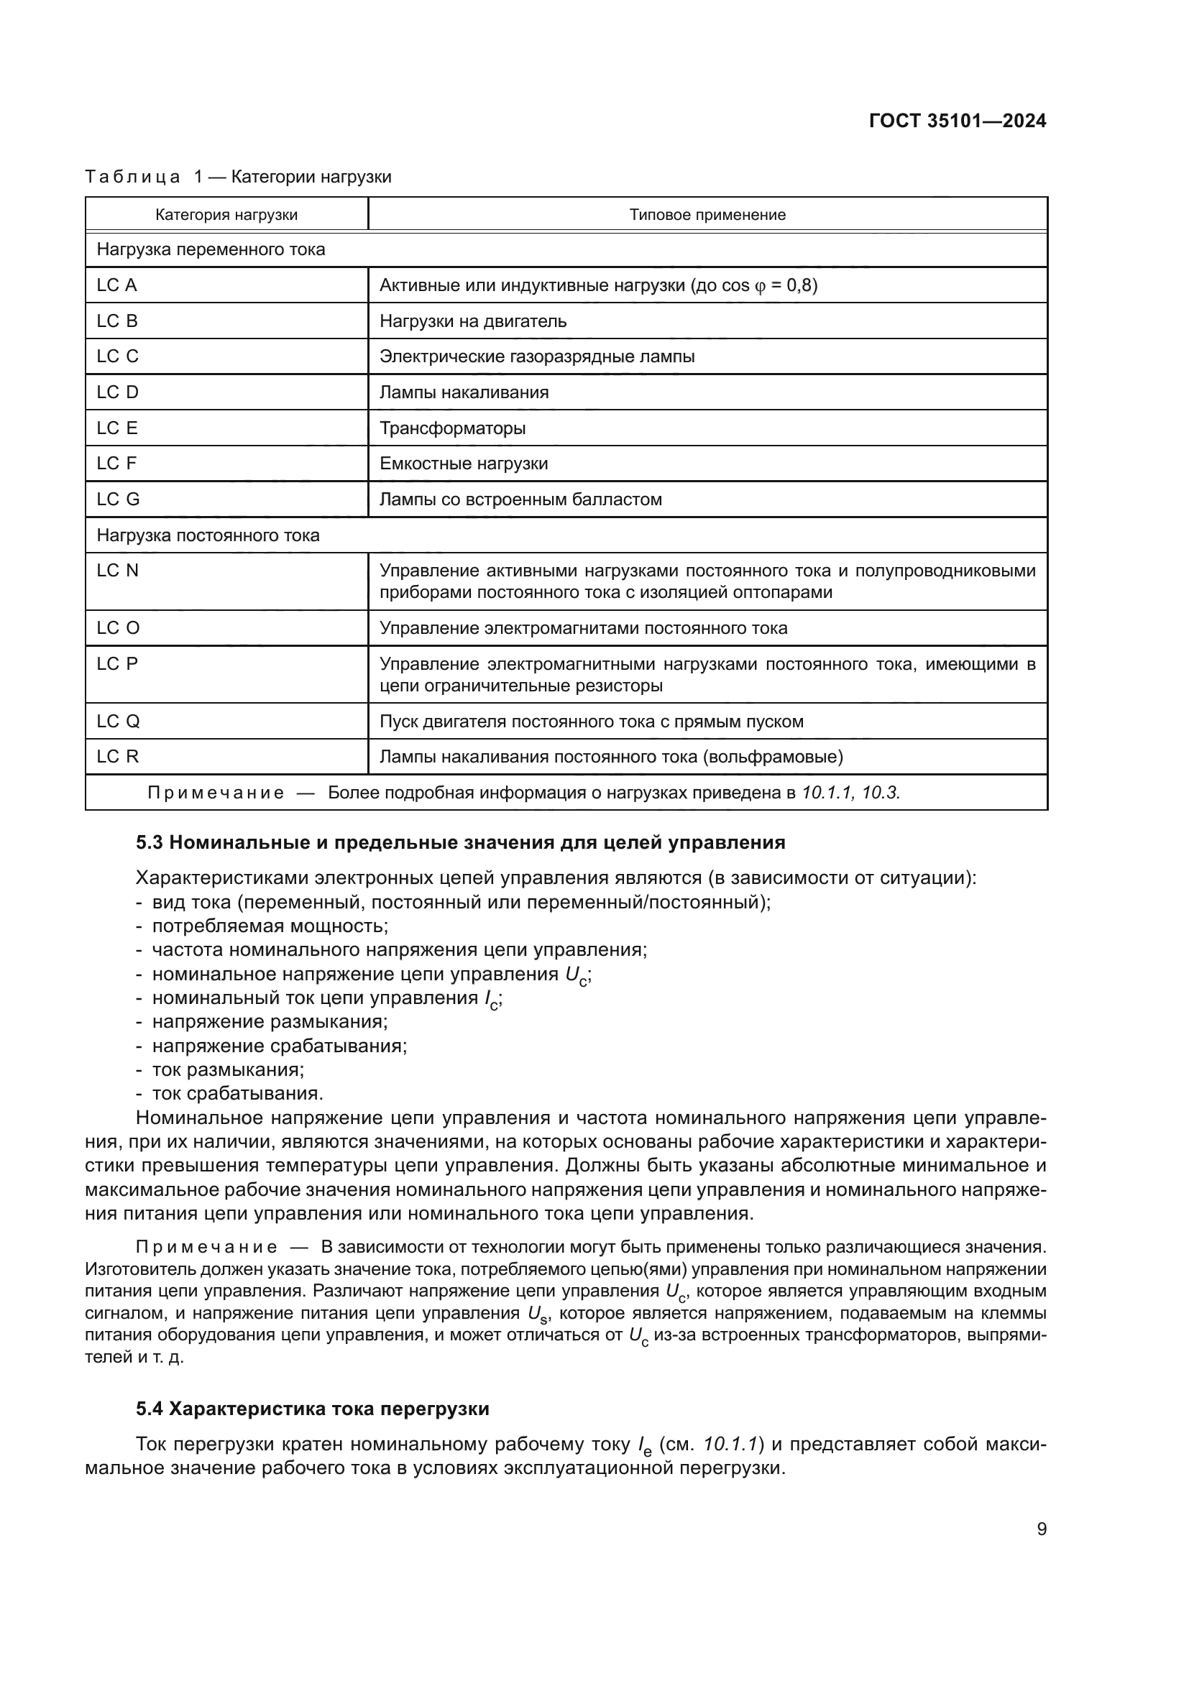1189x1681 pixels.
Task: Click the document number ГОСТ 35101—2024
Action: pos(957,121)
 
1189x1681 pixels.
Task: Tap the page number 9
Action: pos(1041,1529)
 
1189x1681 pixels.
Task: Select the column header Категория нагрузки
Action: pos(226,214)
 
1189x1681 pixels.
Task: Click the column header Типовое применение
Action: pos(707,214)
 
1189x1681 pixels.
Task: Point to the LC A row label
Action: pos(117,285)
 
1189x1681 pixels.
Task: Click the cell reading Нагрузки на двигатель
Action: pos(473,321)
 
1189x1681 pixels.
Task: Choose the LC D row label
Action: pos(117,392)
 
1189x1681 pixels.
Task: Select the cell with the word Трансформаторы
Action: pos(452,428)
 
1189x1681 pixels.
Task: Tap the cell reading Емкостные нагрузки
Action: pos(464,464)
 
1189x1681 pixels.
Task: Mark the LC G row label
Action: pos(118,499)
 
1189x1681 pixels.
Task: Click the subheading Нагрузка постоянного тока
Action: pos(208,535)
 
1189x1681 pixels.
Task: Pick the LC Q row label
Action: pos(118,721)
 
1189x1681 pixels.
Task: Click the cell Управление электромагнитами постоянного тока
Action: pos(583,628)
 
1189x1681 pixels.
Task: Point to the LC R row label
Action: pos(117,756)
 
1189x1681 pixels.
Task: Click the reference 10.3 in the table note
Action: pos(881,793)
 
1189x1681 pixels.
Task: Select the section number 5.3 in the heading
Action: pos(149,843)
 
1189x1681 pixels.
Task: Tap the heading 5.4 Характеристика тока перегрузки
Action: pos(313,1409)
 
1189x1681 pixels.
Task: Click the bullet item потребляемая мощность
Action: pos(270,926)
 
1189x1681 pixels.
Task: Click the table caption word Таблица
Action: pos(132,177)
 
